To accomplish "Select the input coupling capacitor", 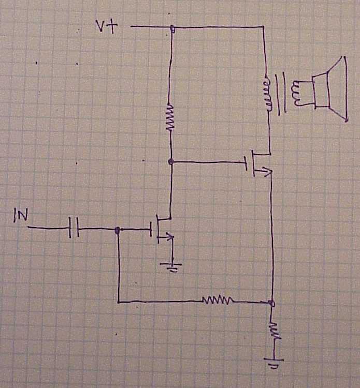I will tap(74, 228).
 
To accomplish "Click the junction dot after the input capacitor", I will tap(118, 229).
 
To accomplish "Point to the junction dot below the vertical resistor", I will tap(171, 161).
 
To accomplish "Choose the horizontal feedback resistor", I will tap(218, 300).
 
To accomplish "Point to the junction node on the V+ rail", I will tap(172, 28).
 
